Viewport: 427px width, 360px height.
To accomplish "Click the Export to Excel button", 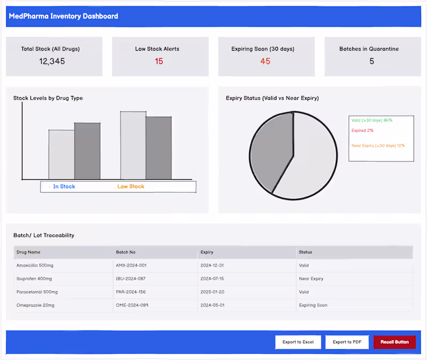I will coord(298,342).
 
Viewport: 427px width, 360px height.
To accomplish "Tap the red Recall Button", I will coord(394,342).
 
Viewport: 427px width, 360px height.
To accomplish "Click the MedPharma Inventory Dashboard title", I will coord(64,16).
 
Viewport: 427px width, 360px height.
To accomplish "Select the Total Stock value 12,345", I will coord(52,61).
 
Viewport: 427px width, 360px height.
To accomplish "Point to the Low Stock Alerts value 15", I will coord(159,61).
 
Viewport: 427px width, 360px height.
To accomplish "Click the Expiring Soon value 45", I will coord(265,61).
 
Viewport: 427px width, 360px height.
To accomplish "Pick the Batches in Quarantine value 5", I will coord(371,61).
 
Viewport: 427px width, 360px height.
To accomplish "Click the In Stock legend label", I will coord(64,187).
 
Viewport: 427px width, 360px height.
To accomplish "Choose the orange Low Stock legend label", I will coord(131,187).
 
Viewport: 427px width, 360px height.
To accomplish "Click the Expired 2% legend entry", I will coord(362,131).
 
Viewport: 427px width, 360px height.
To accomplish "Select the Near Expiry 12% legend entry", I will coord(378,146).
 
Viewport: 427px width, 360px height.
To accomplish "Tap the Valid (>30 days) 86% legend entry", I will coord(371,121).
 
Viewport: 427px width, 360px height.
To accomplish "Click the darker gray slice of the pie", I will coord(271,152).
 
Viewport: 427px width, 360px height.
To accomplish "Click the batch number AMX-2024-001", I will coord(131,265).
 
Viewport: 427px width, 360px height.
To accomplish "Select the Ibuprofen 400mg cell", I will coord(34,278).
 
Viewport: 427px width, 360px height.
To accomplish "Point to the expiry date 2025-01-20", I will coord(212,292).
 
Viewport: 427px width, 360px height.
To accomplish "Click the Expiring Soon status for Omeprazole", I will coord(313,305).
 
